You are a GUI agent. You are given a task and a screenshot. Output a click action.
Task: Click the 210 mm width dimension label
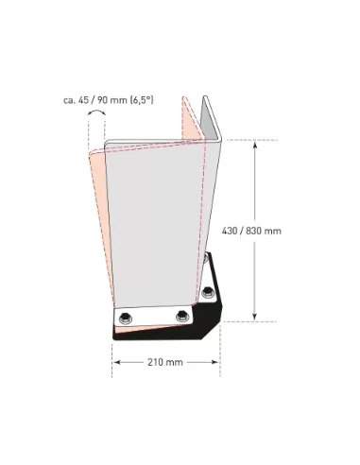pos(166,363)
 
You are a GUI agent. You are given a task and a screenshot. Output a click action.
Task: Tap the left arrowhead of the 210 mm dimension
pos(115,362)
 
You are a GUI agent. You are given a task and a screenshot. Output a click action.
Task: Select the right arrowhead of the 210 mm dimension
pos(218,362)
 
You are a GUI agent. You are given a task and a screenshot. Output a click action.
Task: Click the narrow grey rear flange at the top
pos(212,132)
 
